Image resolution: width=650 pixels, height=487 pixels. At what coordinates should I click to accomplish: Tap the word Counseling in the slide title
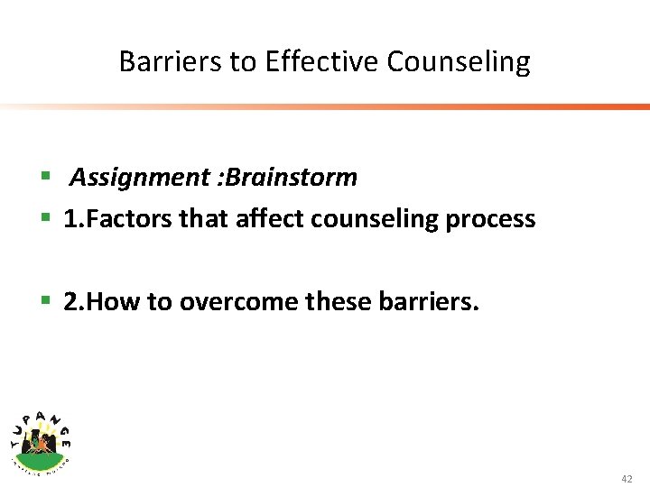click(x=459, y=62)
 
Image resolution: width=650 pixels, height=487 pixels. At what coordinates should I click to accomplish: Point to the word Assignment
click(x=140, y=178)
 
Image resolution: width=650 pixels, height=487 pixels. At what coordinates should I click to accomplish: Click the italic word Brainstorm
click(x=292, y=178)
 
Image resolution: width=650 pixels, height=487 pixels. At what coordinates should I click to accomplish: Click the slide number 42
click(x=627, y=479)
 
